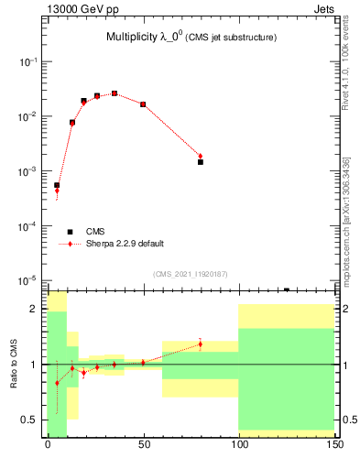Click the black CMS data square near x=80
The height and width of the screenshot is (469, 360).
201,161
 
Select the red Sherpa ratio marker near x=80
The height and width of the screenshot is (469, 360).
201,344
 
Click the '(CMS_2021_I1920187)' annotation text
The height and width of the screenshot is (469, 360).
191,274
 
